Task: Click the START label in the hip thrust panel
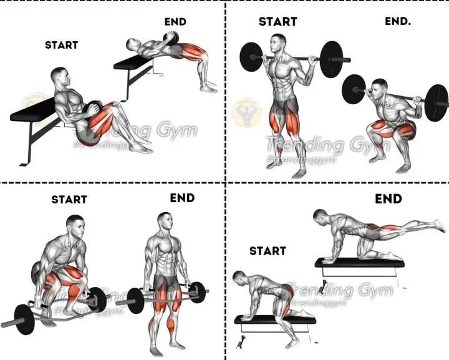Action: click(x=62, y=45)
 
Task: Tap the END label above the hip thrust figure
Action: click(x=175, y=22)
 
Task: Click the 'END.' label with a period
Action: click(x=398, y=21)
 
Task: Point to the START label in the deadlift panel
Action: click(x=69, y=200)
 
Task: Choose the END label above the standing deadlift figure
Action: click(x=182, y=198)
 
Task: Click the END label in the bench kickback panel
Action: click(x=388, y=199)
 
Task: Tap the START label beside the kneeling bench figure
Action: click(x=268, y=251)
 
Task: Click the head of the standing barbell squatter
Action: click(x=280, y=44)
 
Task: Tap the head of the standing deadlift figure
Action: click(x=164, y=221)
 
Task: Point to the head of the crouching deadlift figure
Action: click(x=75, y=224)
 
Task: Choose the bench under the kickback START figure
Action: click(x=274, y=320)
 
